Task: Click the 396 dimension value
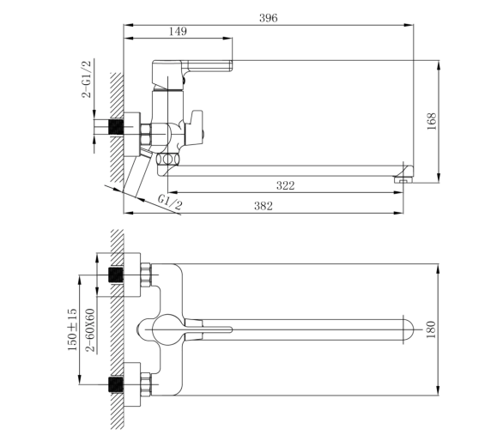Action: pos(268,18)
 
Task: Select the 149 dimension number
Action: pos(178,31)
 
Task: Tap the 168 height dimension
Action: pos(432,121)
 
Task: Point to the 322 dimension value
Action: pos(285,185)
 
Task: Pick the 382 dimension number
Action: pos(264,206)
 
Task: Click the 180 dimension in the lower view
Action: pos(431,329)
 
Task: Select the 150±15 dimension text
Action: pos(72,329)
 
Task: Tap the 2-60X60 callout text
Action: pos(91,330)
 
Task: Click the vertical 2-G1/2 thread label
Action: pos(87,79)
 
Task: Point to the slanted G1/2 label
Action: pos(170,202)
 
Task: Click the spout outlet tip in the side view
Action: pos(403,175)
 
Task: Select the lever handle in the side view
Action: pos(192,66)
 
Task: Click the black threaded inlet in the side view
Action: pos(116,127)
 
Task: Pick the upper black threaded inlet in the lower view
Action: pos(116,275)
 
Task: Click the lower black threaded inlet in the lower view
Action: pos(116,384)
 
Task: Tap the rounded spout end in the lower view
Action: pos(408,329)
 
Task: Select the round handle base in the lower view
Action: pos(167,329)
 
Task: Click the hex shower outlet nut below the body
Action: pos(167,159)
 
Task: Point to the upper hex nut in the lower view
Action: pos(146,275)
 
